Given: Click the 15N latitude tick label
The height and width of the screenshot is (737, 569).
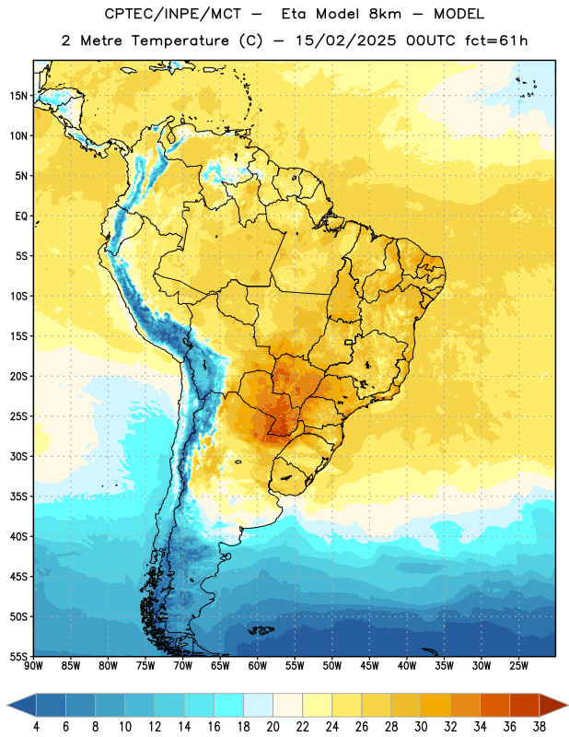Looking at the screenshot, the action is (18, 96).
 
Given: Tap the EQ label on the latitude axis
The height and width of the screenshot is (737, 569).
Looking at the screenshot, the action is (21, 216).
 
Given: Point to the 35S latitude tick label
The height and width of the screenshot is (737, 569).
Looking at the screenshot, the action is (18, 497).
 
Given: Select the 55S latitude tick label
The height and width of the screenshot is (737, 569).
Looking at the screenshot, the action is (18, 656).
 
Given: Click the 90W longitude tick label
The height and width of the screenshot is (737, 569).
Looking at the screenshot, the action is (33, 666).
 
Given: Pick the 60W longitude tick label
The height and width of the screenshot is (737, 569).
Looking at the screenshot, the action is (258, 666).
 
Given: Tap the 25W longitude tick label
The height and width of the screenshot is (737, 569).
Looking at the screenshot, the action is (518, 666).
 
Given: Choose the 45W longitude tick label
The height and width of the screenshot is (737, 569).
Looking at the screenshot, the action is (369, 666).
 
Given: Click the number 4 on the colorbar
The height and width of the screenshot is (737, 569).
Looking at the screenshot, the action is (36, 727).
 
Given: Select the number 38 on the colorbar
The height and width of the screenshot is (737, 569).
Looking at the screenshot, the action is (540, 727).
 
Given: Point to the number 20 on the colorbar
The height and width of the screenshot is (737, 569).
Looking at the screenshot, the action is (273, 727).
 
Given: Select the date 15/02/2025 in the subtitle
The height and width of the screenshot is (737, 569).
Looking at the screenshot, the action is (345, 41).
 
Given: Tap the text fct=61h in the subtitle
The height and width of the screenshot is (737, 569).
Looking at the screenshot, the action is (496, 41).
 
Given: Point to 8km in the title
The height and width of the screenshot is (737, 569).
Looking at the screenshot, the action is (385, 14).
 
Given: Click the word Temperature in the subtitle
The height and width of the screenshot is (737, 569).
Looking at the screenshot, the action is (180, 41).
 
